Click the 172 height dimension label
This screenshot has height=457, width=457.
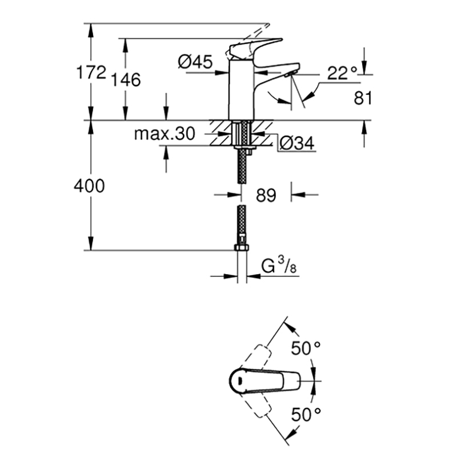pyautogui.click(x=91, y=72)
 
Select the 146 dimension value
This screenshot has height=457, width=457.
pyautogui.click(x=126, y=79)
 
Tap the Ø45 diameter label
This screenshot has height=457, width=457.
pyautogui.click(x=195, y=62)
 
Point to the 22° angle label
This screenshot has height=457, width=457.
pyautogui.click(x=342, y=73)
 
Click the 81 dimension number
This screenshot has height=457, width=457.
pyautogui.click(x=363, y=98)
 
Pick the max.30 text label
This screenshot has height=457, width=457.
pyautogui.click(x=165, y=134)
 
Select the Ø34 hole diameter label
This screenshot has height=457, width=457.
pyautogui.click(x=297, y=143)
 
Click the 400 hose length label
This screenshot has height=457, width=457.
pyautogui.click(x=89, y=186)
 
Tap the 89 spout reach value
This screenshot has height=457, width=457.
pyautogui.click(x=266, y=195)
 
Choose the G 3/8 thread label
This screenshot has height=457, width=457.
pyautogui.click(x=279, y=266)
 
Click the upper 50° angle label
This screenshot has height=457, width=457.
pyautogui.click(x=306, y=348)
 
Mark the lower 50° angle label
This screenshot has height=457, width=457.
pyautogui.click(x=306, y=415)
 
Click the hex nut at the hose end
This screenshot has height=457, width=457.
pyautogui.click(x=242, y=248)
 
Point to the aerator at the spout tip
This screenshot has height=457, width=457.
pyautogui.click(x=290, y=74)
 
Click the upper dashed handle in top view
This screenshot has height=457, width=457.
pyautogui.click(x=256, y=359)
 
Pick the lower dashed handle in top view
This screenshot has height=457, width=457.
pyautogui.click(x=256, y=404)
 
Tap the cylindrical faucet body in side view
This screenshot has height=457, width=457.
pyautogui.click(x=240, y=90)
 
